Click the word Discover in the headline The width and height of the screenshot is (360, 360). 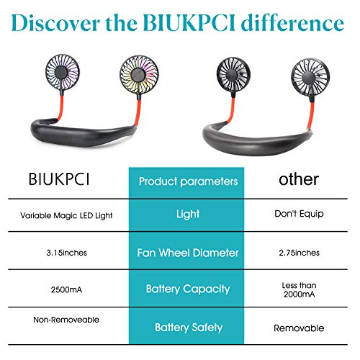(55, 23)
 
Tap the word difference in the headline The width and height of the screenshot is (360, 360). (293, 22)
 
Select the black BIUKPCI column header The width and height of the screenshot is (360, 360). (59, 179)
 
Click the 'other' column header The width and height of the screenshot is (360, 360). (299, 179)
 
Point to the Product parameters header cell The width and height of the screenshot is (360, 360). (188, 181)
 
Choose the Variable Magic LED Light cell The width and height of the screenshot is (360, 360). (66, 215)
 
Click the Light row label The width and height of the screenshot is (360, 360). (188, 214)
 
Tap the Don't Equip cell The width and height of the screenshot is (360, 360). (299, 213)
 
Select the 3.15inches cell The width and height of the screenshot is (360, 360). (66, 253)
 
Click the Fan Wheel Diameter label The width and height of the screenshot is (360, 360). (188, 253)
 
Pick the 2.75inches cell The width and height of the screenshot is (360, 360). (299, 253)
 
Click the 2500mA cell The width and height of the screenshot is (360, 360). (66, 289)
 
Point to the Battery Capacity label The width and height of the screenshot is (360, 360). (188, 289)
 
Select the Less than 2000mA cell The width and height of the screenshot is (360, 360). (299, 289)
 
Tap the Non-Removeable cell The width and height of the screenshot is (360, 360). (66, 320)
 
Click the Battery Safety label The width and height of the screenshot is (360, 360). (189, 328)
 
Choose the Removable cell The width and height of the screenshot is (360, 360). (299, 328)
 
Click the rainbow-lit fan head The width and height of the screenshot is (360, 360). (139, 74)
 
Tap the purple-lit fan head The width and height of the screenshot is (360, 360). (63, 72)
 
